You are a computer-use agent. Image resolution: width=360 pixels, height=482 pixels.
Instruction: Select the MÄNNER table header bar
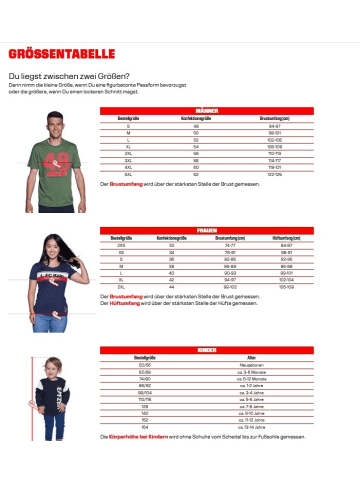pos(207,111)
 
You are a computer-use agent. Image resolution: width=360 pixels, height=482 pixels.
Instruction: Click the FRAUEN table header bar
pos(207,230)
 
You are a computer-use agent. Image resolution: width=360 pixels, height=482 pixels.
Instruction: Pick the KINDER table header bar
pos(207,350)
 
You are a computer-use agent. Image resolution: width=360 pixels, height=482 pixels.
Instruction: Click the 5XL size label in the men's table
pos(129,174)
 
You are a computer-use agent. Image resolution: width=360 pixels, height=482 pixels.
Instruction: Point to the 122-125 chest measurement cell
pos(272,174)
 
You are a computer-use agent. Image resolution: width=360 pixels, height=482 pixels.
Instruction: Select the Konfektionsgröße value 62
pos(196,174)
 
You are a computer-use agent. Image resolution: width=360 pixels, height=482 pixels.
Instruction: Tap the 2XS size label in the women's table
pos(122,243)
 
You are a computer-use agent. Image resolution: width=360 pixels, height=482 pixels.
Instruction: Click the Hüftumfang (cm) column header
pos(288,237)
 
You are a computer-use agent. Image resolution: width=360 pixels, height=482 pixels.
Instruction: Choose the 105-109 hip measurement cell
pos(288,286)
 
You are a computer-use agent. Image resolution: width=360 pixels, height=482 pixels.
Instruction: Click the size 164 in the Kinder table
pos(146,429)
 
